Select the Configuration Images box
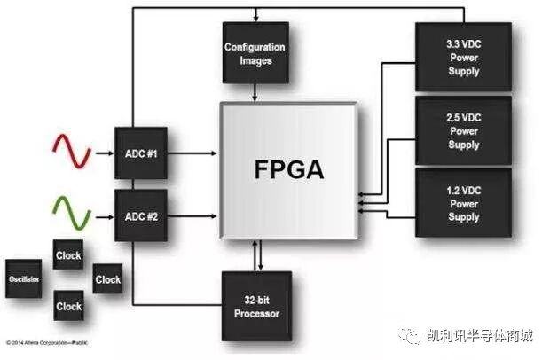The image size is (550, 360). (255, 53)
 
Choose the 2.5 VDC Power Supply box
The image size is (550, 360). (463, 131)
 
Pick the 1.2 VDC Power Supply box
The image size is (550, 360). (463, 202)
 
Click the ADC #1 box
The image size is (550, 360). (140, 153)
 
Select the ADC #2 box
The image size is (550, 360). (140, 215)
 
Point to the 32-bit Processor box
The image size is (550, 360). (257, 308)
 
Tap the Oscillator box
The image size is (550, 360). (24, 278)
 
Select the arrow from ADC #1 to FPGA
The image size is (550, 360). (193, 153)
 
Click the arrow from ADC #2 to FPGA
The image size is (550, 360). (193, 215)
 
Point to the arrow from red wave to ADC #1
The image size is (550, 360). (103, 153)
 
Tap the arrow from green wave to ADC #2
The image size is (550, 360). (103, 215)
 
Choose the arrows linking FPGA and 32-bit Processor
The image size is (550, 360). (258, 256)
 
